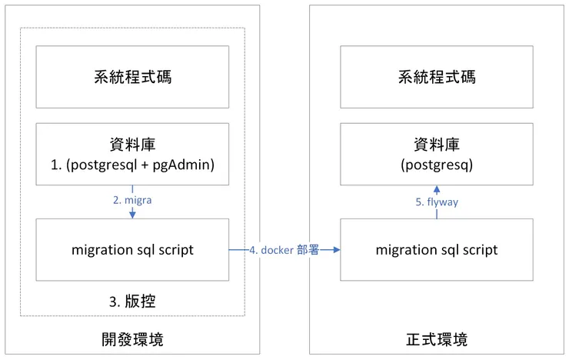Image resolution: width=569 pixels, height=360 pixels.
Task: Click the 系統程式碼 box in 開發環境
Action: pyautogui.click(x=132, y=77)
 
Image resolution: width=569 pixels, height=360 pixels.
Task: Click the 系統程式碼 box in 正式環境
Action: pyautogui.click(x=436, y=77)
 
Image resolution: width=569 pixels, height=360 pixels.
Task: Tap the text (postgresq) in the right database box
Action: pyautogui.click(x=436, y=165)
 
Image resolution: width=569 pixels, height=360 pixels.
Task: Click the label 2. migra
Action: pyautogui.click(x=132, y=200)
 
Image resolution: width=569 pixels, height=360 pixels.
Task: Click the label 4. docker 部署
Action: pyautogui.click(x=284, y=250)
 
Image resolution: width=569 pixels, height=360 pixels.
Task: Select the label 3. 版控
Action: pyautogui.click(x=132, y=302)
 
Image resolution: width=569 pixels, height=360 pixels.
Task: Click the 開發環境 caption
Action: pyautogui.click(x=132, y=339)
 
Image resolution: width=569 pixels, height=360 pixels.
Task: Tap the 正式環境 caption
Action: pyautogui.click(x=436, y=339)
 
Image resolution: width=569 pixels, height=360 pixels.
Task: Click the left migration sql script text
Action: pyautogui.click(x=132, y=250)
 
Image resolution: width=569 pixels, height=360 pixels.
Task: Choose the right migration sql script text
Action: pyautogui.click(x=436, y=250)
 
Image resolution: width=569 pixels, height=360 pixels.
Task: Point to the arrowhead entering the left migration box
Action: pyautogui.click(x=132, y=215)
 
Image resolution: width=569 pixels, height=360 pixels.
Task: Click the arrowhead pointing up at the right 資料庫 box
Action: pyautogui.click(x=436, y=189)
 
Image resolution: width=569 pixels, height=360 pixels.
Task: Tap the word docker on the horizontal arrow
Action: pyautogui.click(x=278, y=250)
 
